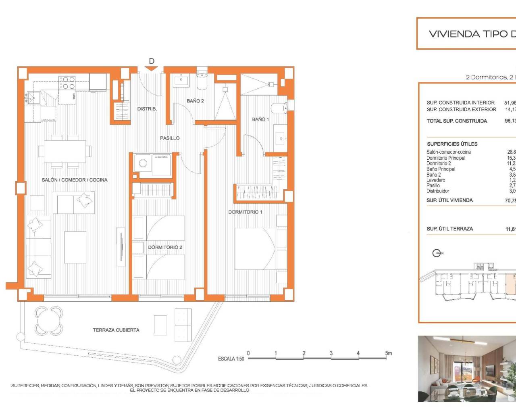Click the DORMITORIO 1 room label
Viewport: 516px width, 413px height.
(x=245, y=212)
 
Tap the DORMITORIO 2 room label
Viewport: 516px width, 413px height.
(x=165, y=247)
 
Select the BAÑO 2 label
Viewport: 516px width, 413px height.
(x=195, y=101)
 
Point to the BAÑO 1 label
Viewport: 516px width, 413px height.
(x=260, y=119)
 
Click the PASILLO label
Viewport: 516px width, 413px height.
(x=170, y=138)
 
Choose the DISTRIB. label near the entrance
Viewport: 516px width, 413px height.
(x=147, y=109)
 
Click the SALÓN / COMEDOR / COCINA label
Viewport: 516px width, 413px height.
(x=75, y=180)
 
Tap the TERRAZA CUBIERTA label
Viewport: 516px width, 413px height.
(x=116, y=330)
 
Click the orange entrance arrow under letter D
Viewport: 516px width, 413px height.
(x=152, y=69)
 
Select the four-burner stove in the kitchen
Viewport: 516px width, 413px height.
(x=67, y=83)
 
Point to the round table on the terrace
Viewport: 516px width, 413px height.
(x=48, y=321)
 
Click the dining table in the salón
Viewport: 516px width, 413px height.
(x=65, y=151)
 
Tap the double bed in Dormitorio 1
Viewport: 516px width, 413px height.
(x=256, y=249)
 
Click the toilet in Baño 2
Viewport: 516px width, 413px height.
(x=202, y=81)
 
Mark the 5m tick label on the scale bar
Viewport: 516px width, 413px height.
(x=388, y=353)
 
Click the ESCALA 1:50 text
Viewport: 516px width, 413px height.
(x=231, y=359)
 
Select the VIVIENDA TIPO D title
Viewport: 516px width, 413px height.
(x=472, y=34)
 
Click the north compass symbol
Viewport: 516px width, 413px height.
(x=437, y=253)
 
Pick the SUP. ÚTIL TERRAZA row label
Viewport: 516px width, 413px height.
(x=449, y=229)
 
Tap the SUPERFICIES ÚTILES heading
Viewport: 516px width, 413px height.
(x=452, y=144)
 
